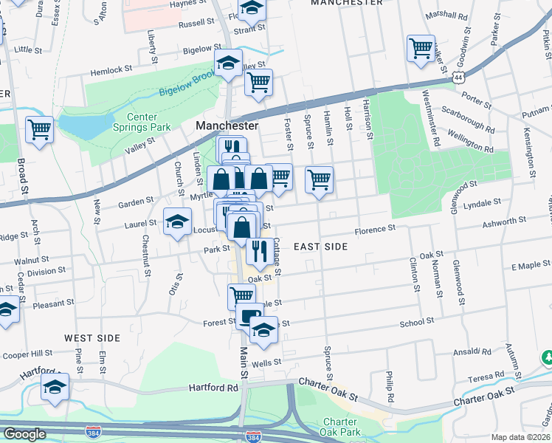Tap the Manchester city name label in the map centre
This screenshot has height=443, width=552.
tap(227, 126)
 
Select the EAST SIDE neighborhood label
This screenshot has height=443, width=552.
tap(320, 246)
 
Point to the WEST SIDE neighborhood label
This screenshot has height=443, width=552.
tap(92, 338)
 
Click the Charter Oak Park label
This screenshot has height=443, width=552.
tap(340, 427)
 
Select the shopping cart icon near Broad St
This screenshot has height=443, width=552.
tap(39, 130)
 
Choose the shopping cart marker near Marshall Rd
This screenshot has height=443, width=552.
tap(420, 49)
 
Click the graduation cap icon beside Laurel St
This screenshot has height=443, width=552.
tap(177, 222)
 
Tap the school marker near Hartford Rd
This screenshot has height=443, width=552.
tap(55, 388)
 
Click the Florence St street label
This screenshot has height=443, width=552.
tap(375, 230)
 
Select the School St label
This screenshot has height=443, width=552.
tap(416, 322)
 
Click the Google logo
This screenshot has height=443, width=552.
tap(24, 434)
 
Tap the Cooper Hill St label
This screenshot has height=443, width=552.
tap(27, 354)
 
